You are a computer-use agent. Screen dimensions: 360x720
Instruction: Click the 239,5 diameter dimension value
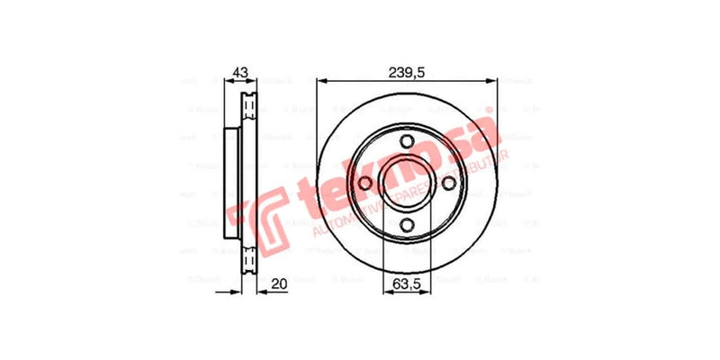tap(407, 72)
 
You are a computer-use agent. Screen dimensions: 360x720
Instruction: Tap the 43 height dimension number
tap(239, 72)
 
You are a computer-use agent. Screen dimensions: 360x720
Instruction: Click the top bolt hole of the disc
tap(407, 141)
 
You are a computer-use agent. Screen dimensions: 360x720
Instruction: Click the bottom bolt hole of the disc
tap(407, 226)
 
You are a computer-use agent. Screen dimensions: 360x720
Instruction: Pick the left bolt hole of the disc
tap(364, 184)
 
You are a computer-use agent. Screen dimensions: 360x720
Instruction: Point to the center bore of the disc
tap(407, 184)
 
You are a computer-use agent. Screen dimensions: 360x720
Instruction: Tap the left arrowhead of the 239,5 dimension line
tap(320, 81)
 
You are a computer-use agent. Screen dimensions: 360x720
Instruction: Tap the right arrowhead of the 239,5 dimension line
tap(493, 81)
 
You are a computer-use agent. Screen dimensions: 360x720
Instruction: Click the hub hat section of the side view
tap(231, 184)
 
